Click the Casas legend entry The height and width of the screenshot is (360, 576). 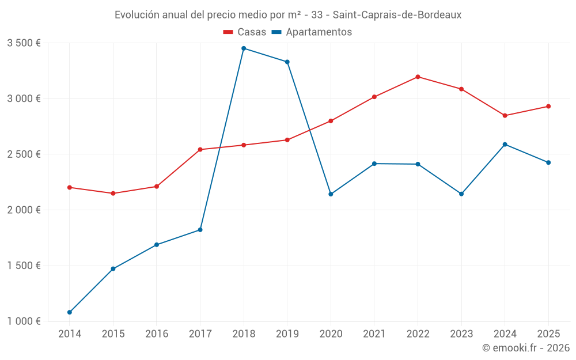(245, 32)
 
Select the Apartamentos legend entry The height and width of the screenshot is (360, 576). (312, 32)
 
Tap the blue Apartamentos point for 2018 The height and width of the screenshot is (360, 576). (244, 48)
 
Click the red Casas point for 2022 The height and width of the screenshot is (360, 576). (418, 77)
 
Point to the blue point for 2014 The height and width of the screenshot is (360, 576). (70, 312)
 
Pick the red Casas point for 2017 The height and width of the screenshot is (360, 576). (200, 150)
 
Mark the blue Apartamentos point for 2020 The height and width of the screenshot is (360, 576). (331, 194)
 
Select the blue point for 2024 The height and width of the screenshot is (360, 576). (505, 145)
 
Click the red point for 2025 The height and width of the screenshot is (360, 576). (548, 107)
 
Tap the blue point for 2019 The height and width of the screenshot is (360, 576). (287, 62)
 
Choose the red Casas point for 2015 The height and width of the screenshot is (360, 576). (113, 194)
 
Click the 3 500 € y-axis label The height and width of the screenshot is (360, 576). (24, 43)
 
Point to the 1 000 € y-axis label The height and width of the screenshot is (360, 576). (24, 321)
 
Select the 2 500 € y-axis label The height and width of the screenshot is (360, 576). (24, 154)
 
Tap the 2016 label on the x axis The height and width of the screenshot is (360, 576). (157, 334)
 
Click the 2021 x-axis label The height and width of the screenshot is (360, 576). (374, 334)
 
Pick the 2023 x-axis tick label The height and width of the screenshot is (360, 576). (461, 334)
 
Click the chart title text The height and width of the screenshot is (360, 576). (288, 15)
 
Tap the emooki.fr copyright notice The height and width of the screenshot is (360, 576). (525, 348)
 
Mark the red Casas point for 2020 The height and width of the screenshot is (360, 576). (331, 121)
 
